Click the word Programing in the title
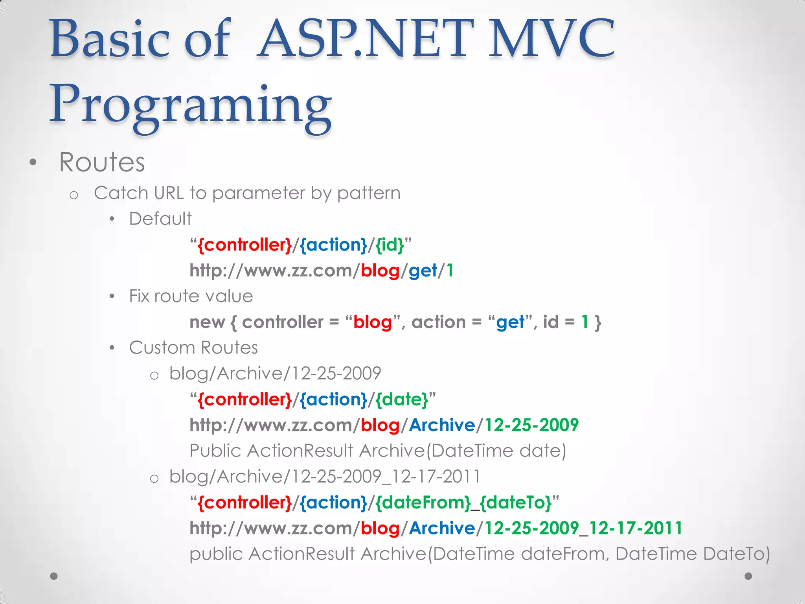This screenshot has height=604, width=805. pos(191,104)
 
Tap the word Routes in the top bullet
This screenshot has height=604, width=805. pos(102,162)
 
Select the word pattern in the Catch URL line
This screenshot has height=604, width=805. pos(368,193)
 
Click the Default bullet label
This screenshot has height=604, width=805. pos(160,219)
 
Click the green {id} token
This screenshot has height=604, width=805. pos(390,245)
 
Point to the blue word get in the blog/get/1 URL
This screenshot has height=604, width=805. pos(423,271)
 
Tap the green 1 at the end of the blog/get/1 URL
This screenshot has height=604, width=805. pos(450,271)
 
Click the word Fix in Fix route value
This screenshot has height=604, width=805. pos(139,296)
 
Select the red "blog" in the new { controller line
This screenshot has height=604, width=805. pos(372,322)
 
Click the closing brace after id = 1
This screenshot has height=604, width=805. pos(598,322)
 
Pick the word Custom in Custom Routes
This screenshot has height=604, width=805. pos(162,348)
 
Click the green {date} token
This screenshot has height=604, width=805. pos(401,400)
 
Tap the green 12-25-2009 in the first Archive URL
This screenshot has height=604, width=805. pos(531,425)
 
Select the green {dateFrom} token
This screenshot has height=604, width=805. pos(423,503)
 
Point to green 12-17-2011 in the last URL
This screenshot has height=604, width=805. pos(636,528)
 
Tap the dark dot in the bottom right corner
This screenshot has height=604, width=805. pos(748,576)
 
